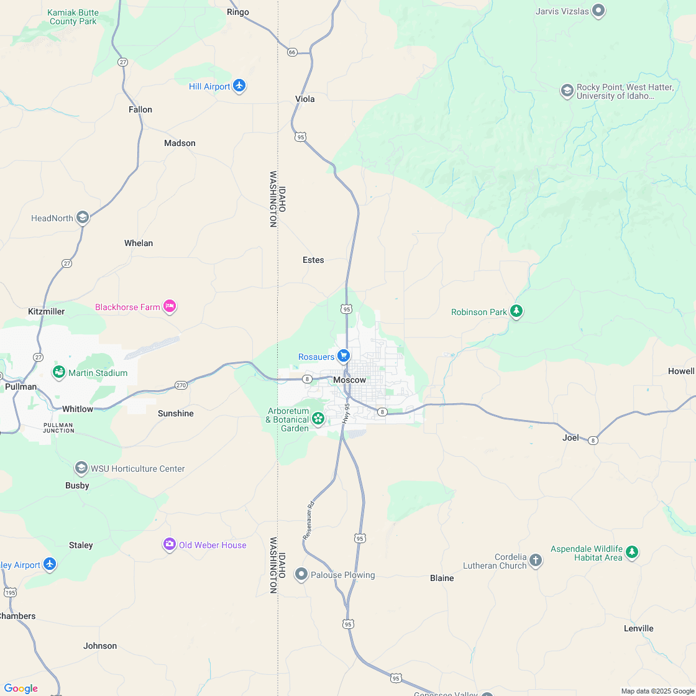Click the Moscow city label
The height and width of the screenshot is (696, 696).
(x=349, y=380)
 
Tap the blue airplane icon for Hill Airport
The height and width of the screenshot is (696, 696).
(x=239, y=86)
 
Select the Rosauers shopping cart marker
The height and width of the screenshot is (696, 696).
(x=343, y=356)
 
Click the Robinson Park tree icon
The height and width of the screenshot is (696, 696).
(x=516, y=311)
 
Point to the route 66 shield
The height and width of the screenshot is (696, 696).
(x=292, y=52)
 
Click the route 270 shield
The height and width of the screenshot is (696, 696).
(x=181, y=385)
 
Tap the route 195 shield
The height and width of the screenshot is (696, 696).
(x=10, y=592)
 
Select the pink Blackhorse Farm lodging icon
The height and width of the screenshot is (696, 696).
(x=170, y=306)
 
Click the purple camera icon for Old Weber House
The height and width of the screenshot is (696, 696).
(x=169, y=544)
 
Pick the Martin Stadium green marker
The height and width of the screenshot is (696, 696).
(x=59, y=372)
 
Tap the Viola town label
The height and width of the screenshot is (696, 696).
(x=304, y=99)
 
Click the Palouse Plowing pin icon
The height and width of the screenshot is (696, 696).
(x=301, y=574)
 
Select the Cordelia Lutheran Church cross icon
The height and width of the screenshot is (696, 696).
(x=536, y=561)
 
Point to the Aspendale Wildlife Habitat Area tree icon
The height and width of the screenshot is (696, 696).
(x=632, y=552)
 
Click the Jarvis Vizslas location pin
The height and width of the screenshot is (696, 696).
(x=598, y=10)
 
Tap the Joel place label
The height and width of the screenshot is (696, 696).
(x=570, y=437)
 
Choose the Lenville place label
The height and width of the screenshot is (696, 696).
(x=638, y=628)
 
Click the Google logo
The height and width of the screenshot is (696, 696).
(x=21, y=688)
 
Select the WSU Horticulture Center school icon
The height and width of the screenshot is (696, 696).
(x=81, y=468)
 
